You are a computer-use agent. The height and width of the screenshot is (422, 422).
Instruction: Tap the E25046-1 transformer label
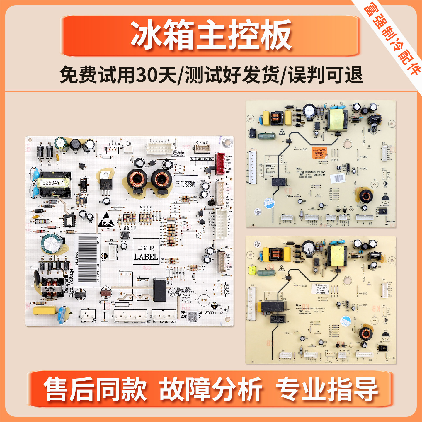coord(53,183)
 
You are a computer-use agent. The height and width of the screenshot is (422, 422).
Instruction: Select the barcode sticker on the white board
coord(87,260)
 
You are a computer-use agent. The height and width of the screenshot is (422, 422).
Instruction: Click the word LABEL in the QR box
coord(146,257)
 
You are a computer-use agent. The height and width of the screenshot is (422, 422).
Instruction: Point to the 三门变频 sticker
coord(185,184)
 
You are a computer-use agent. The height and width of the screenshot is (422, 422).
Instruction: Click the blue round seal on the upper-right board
coord(268,203)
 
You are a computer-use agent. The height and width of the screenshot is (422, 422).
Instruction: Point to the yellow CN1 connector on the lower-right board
coord(252,270)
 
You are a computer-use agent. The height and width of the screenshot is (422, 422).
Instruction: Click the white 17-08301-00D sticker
coord(321,289)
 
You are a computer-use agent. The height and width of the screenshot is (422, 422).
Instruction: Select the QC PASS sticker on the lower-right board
coord(257,244)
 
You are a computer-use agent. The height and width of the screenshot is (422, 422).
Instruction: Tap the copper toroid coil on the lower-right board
coord(365,333)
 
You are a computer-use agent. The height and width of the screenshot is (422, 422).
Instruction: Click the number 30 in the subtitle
coord(147,75)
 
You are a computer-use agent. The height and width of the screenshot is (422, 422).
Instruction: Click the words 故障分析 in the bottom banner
coord(211,389)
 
